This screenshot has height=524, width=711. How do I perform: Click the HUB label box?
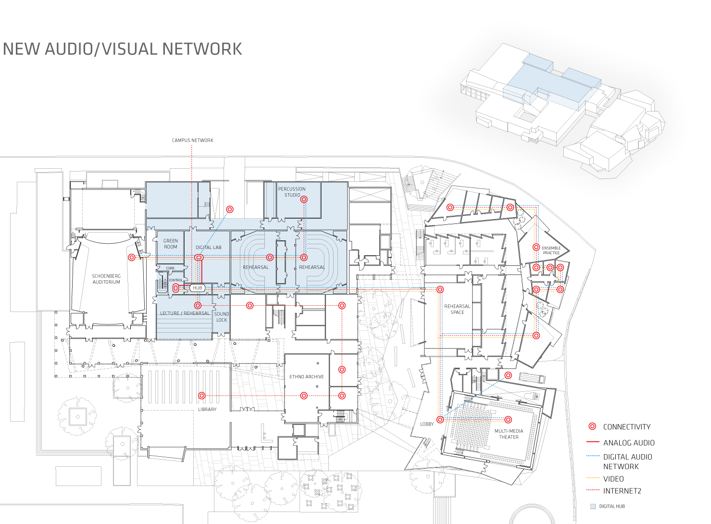click(x=198, y=288)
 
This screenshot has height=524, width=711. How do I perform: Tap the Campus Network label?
click(x=192, y=140)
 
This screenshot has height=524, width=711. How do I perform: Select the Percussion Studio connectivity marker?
click(x=304, y=200)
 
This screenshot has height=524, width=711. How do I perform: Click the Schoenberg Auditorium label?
click(x=106, y=279)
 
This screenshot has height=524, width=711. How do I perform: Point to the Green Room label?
click(x=171, y=244)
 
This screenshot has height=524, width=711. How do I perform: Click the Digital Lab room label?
click(x=209, y=248)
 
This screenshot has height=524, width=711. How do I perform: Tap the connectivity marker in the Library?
click(x=202, y=396)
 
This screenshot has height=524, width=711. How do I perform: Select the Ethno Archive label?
click(x=307, y=377)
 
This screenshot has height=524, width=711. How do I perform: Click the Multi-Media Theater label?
click(x=509, y=434)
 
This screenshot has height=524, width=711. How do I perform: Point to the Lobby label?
click(x=427, y=424)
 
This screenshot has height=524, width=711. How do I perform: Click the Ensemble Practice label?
click(x=551, y=250)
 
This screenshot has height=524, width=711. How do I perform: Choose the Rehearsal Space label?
click(x=457, y=309)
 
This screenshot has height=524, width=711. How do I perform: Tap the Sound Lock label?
click(x=222, y=317)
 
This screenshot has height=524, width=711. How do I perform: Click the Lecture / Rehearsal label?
click(x=185, y=313)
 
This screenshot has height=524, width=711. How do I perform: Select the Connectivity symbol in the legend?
click(x=592, y=426)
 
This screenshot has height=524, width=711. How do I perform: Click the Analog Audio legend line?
click(x=593, y=442)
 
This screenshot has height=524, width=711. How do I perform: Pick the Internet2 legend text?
click(x=622, y=491)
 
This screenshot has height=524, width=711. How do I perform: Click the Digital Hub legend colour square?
click(x=593, y=506)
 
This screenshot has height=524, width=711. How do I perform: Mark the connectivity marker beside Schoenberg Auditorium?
click(x=132, y=258)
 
